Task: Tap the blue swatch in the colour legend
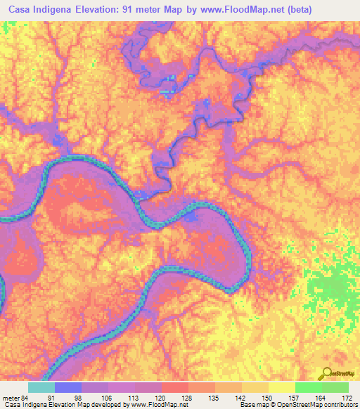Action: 67,387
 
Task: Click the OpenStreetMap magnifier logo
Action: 326,374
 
